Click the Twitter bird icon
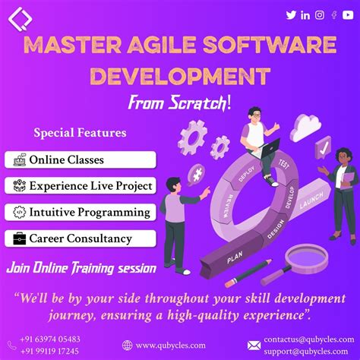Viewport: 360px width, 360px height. tap(291, 14)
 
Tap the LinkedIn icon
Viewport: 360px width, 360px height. tap(305, 14)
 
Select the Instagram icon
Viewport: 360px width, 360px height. tap(320, 14)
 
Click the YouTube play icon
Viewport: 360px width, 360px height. tap(347, 14)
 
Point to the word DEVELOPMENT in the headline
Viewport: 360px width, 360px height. tap(180, 77)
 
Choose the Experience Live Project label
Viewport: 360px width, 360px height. tap(91, 185)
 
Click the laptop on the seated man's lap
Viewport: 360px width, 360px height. tap(270, 146)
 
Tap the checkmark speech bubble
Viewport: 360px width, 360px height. tap(324, 147)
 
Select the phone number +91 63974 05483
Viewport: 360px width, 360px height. tap(49, 339)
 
